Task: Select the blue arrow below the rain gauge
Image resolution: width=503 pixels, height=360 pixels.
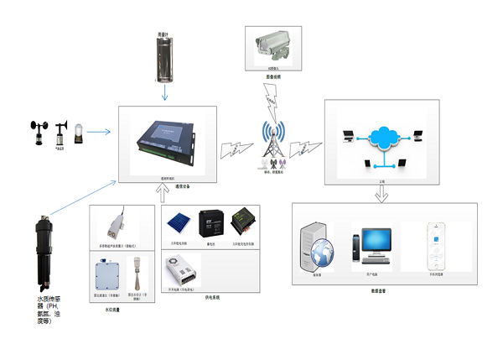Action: pos(165,93)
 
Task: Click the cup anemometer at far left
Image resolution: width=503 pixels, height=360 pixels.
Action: pos(39,132)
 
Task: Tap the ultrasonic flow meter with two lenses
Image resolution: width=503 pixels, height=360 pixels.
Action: pos(112,222)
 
